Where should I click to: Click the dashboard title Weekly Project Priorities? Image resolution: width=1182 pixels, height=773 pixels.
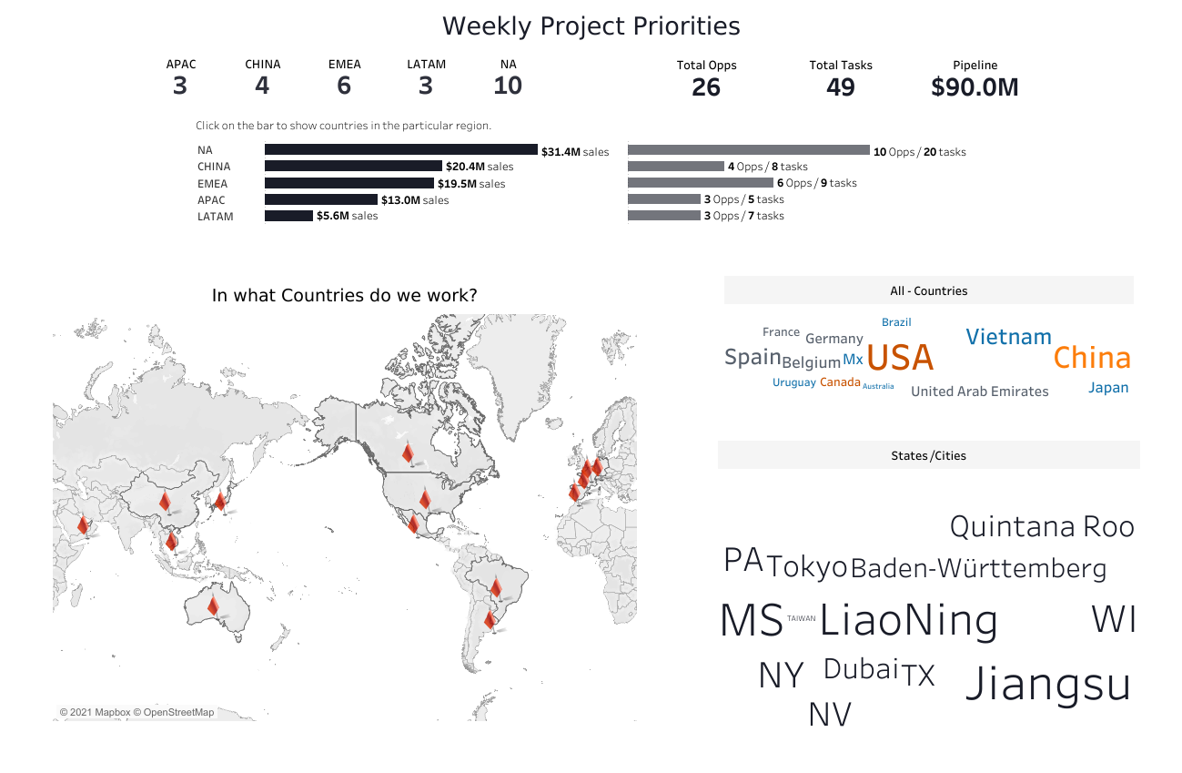(591, 26)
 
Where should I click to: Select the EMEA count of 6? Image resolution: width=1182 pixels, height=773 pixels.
(344, 86)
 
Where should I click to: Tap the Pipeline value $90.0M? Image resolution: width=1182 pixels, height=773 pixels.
(975, 87)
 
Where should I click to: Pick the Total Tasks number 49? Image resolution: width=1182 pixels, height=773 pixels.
(840, 87)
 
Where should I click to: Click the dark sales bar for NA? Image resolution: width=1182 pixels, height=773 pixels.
(400, 150)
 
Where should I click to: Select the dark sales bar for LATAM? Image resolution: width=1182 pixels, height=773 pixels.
(288, 216)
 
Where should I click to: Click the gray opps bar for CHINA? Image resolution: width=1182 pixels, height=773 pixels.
(675, 167)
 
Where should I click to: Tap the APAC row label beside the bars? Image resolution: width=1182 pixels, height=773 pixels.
(211, 200)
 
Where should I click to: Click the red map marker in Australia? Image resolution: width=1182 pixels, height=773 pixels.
(213, 605)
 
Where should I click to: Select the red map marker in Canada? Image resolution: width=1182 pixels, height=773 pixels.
(408, 453)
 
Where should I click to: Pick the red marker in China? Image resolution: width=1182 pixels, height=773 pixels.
(165, 501)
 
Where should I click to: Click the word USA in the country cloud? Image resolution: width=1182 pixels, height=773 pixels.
(900, 358)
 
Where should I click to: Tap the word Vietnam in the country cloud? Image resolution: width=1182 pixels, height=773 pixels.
(1008, 337)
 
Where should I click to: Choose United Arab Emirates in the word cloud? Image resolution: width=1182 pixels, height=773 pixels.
(979, 392)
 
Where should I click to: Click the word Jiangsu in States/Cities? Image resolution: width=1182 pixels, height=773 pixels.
(1047, 684)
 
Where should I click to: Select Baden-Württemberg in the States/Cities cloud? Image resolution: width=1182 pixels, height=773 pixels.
(978, 569)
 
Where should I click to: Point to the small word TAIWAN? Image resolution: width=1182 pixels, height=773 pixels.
(802, 618)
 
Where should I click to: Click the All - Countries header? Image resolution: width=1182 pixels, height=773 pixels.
(928, 291)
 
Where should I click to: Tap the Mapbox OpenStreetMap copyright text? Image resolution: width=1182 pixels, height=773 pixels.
(137, 712)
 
